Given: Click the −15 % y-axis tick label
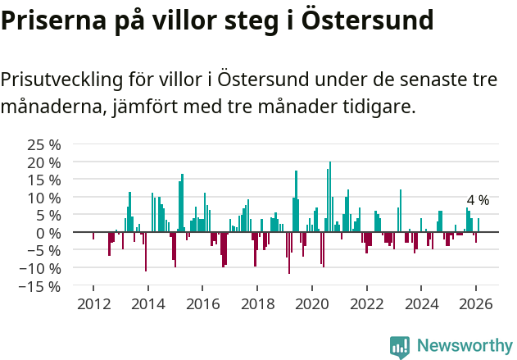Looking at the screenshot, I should click(39, 287).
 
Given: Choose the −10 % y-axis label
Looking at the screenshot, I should click(39, 268).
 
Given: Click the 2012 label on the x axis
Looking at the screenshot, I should click(93, 303).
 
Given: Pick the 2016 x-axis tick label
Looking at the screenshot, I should click(202, 303).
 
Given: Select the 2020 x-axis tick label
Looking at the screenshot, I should click(312, 303).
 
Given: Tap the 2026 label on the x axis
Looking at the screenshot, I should click(476, 303).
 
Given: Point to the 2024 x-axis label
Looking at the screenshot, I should click(421, 303).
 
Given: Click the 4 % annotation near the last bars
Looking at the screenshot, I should click(478, 200).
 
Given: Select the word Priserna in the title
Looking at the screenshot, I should click(51, 20).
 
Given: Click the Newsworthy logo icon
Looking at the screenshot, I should click(400, 347).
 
